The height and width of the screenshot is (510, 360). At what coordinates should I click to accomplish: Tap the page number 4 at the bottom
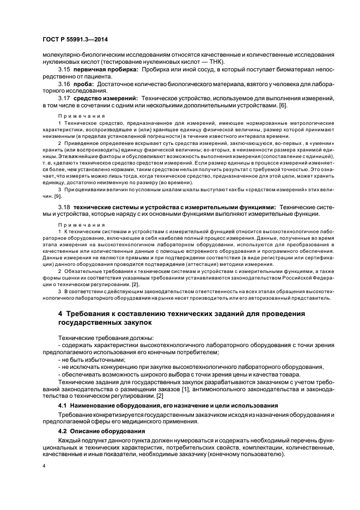click(x=44, y=466)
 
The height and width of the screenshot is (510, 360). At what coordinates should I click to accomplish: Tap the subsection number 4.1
click(x=63, y=406)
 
